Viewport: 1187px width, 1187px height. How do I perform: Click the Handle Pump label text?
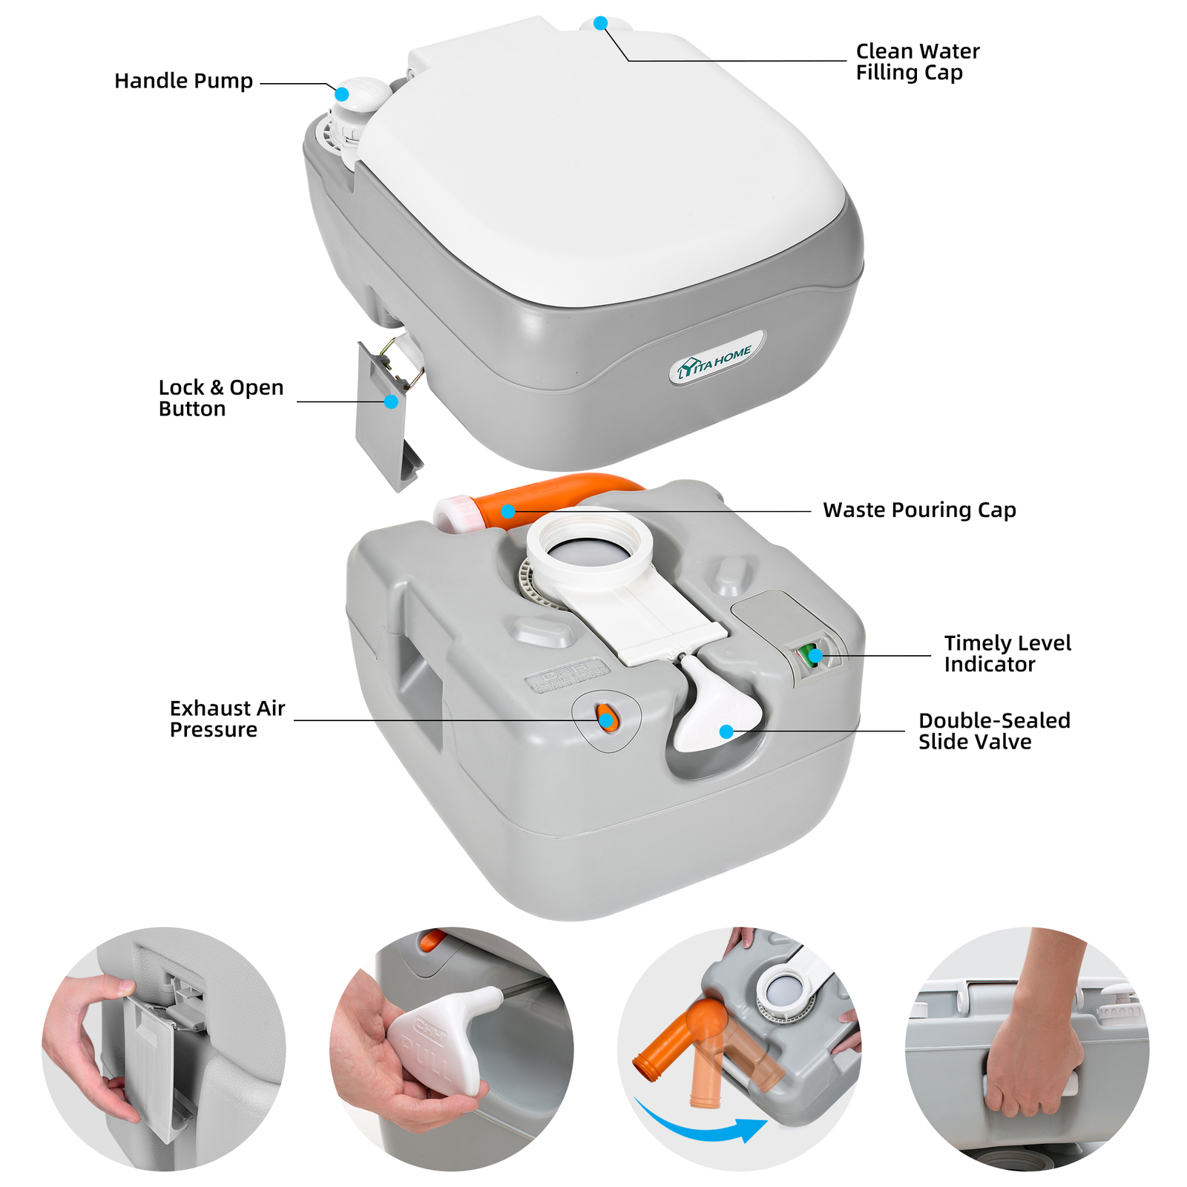point(183,81)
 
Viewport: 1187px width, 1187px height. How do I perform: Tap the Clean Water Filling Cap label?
point(917,62)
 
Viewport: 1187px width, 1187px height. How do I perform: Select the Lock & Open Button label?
point(221,398)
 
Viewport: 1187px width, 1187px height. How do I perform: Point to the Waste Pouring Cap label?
point(918,510)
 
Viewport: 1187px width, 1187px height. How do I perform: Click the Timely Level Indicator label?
point(1007,654)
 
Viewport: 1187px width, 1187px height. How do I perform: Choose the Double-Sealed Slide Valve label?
point(993,731)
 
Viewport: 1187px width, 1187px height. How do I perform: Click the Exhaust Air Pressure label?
point(227,719)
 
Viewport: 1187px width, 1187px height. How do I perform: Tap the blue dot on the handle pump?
point(342,94)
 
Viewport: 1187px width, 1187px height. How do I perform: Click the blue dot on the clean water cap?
point(600,23)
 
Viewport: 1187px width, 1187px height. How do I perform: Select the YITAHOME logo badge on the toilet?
point(716,361)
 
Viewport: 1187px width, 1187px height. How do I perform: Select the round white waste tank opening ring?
point(590,549)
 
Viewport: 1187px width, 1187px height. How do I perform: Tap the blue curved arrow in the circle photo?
point(697,1126)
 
